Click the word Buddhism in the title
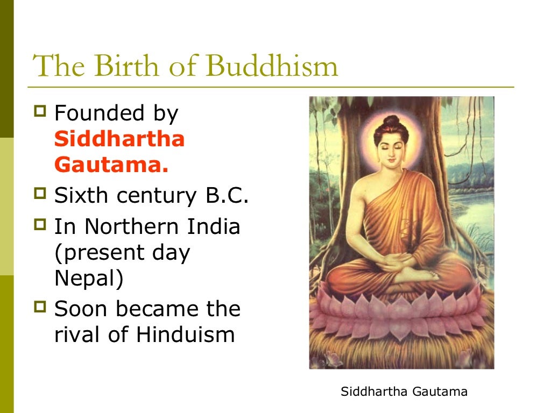point(272,67)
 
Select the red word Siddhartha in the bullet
point(119,139)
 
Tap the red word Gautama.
point(111,165)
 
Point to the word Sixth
point(81,196)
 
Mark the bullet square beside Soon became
point(40,308)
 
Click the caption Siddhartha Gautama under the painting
point(404,391)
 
